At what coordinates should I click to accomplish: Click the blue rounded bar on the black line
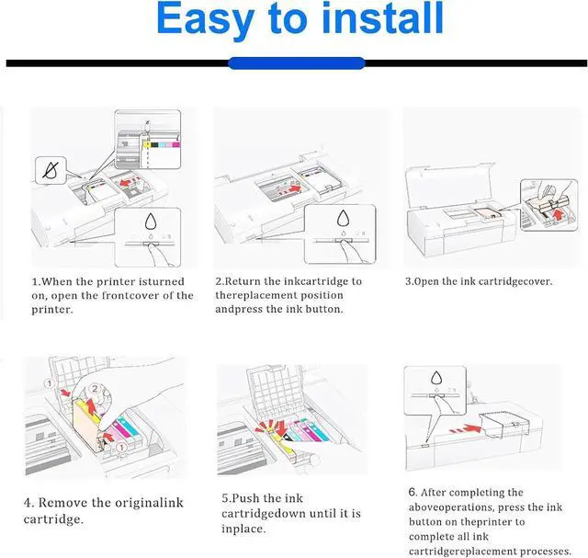click(x=295, y=63)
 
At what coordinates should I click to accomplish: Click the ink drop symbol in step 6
click(x=435, y=380)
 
